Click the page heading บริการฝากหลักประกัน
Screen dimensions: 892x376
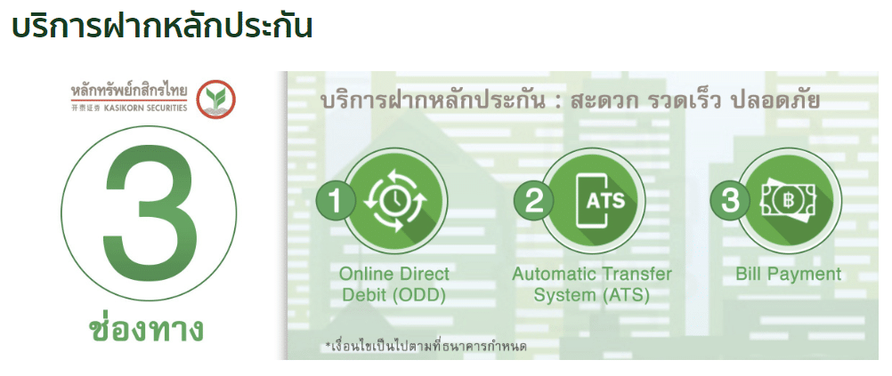(x=162, y=27)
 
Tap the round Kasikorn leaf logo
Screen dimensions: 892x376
(x=216, y=100)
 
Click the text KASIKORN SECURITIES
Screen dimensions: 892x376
(x=145, y=108)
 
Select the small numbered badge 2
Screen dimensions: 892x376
(x=533, y=201)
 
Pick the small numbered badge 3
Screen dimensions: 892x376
(x=731, y=201)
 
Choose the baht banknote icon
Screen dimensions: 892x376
(x=788, y=201)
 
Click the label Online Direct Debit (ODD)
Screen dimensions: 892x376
(x=394, y=284)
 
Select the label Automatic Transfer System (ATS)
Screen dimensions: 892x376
(x=592, y=284)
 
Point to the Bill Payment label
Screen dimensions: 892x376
(x=788, y=275)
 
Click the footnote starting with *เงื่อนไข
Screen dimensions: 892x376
(x=426, y=345)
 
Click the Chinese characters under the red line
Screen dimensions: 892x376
(x=85, y=108)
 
